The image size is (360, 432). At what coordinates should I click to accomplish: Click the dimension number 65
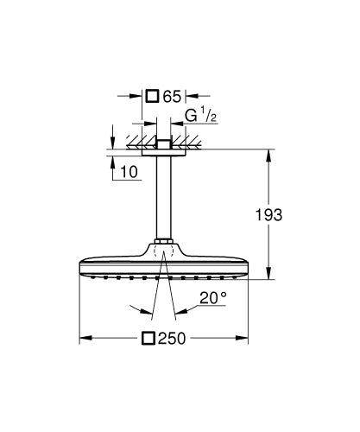click(x=170, y=95)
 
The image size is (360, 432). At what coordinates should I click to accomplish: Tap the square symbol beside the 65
click(x=151, y=95)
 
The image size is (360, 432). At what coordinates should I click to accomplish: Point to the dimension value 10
click(x=129, y=171)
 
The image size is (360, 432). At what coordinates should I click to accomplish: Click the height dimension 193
click(x=270, y=214)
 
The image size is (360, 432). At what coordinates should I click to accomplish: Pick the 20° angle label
click(x=211, y=298)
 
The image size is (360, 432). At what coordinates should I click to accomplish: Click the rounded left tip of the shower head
click(x=81, y=264)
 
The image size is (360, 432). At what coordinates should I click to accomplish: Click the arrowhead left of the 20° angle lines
click(x=134, y=308)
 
